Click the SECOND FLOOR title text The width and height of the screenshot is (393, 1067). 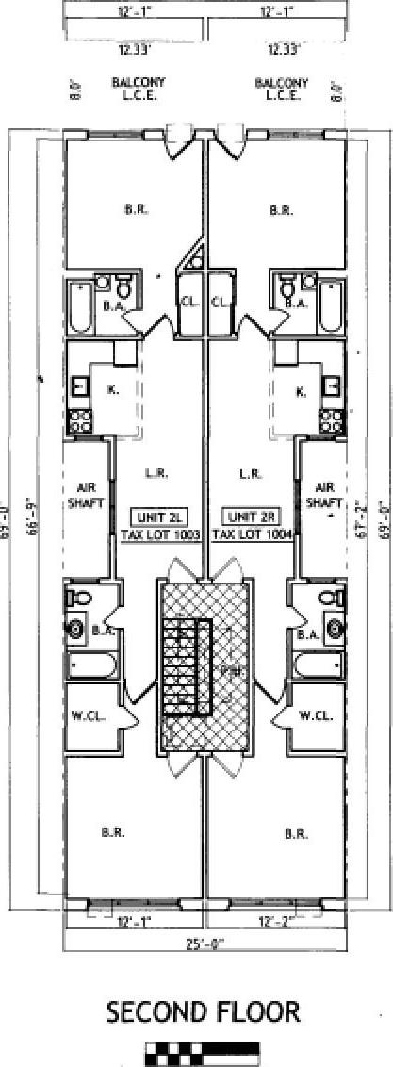203,1013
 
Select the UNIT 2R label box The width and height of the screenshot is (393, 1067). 247,517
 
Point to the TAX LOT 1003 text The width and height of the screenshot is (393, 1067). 161,533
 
